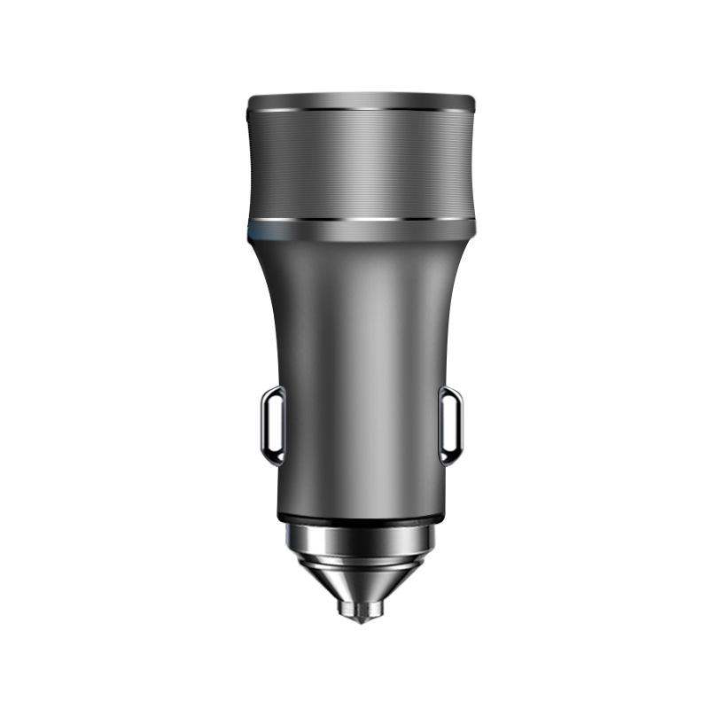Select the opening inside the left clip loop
(275, 425)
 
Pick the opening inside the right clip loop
(448, 425)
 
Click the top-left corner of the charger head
(248, 97)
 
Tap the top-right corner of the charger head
(473, 97)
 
